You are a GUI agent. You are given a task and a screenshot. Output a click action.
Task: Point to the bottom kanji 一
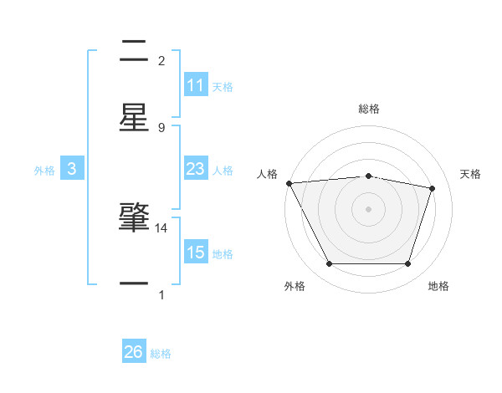point(134,284)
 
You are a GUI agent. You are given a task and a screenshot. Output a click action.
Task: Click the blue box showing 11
point(196,84)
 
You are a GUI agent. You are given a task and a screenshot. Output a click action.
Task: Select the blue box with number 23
point(196,169)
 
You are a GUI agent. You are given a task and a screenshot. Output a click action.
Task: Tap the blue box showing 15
point(196,252)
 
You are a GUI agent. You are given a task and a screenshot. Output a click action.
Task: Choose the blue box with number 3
point(72,169)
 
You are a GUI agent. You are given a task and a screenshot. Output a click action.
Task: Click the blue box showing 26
point(134,352)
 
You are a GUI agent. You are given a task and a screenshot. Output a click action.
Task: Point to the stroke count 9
point(161,128)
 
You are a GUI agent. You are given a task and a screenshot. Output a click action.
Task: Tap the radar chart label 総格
point(369,109)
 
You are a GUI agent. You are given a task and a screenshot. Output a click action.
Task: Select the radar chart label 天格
point(471,174)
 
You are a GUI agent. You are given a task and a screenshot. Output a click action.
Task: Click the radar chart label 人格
point(267,174)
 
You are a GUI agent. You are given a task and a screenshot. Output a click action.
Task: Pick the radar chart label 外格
point(295,286)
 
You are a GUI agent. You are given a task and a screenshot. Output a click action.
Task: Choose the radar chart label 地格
point(438,286)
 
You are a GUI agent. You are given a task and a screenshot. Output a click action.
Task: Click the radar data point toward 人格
point(289,183)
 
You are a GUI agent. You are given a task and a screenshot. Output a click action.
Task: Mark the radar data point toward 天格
point(433,188)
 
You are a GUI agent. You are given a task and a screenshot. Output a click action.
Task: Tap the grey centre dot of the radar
point(369,208)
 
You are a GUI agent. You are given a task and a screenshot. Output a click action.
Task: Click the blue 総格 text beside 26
point(161,354)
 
